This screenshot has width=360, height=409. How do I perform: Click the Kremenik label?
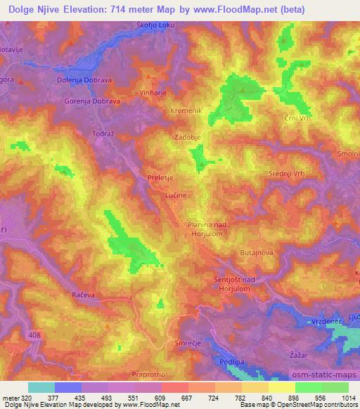(x=186, y=111)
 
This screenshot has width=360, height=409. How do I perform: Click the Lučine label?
(x=175, y=196)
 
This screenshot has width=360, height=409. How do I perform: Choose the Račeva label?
(x=83, y=295)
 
